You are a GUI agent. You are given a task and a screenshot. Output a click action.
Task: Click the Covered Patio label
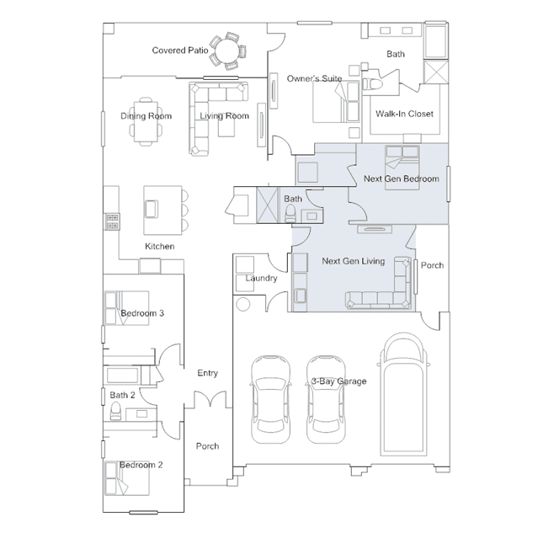180,51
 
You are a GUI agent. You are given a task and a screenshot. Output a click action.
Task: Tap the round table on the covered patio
226,51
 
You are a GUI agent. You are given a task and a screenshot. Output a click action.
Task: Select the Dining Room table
146,121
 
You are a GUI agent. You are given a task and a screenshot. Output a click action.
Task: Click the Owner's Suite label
314,78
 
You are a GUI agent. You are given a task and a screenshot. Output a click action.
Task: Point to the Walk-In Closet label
404,114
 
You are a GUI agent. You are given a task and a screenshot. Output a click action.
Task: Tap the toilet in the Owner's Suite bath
370,84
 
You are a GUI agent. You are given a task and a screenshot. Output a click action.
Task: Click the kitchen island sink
151,209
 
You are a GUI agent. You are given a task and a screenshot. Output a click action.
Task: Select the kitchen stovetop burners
112,221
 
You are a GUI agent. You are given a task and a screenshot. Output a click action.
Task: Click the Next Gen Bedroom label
401,178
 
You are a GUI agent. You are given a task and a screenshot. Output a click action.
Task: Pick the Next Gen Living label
353,261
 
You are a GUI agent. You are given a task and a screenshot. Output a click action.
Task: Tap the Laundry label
261,278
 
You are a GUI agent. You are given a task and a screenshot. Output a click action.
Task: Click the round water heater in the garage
243,305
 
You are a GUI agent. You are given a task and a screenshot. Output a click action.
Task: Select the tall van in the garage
403,394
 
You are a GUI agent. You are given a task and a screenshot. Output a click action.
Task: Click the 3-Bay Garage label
339,381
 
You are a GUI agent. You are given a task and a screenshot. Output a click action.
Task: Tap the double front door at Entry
210,399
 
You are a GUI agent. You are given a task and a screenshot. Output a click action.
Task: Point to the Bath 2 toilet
115,411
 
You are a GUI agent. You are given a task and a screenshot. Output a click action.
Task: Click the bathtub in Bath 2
122,375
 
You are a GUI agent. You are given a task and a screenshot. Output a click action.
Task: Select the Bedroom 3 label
142,313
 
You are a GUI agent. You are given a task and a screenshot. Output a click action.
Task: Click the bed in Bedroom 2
127,478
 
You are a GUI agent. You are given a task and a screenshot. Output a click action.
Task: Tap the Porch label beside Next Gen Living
432,265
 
